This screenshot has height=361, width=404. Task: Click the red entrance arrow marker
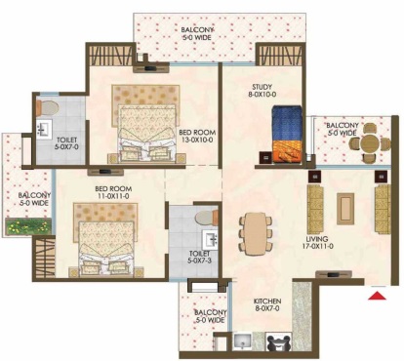point(378,296)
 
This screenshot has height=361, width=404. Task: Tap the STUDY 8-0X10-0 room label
point(262,91)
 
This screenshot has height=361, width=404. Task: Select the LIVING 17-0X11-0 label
point(317,243)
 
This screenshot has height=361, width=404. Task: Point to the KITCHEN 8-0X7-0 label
point(267,304)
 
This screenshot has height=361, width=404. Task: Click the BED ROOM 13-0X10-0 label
point(197,137)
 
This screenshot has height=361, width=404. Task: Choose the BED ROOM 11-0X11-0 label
point(113,192)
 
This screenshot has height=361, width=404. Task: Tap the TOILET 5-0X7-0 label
point(66,143)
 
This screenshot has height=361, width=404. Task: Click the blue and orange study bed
point(287,135)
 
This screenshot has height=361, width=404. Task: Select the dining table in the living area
point(256,233)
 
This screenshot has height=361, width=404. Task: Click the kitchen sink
point(242,341)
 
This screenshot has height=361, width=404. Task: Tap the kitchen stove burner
point(278,341)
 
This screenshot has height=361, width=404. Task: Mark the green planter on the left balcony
point(28,226)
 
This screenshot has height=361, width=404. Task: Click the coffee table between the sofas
point(345,208)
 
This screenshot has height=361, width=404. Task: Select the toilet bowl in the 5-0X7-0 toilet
point(48,108)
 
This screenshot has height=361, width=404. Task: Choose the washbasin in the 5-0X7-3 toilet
point(210,240)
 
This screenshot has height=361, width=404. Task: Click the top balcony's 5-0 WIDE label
point(197,38)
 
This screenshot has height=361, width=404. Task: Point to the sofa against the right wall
point(383,209)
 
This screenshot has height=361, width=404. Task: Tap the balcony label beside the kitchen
point(210,316)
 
